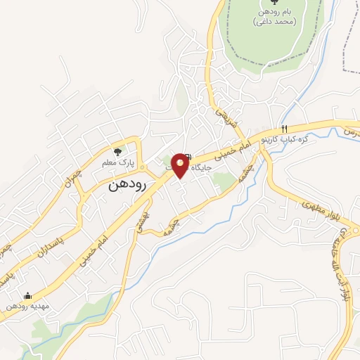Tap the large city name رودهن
point(127,186)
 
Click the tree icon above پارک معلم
point(117,150)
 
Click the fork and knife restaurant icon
point(285,129)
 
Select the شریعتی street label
point(221,112)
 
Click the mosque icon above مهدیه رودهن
point(27,296)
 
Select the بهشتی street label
point(145,219)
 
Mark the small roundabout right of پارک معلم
point(142,168)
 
